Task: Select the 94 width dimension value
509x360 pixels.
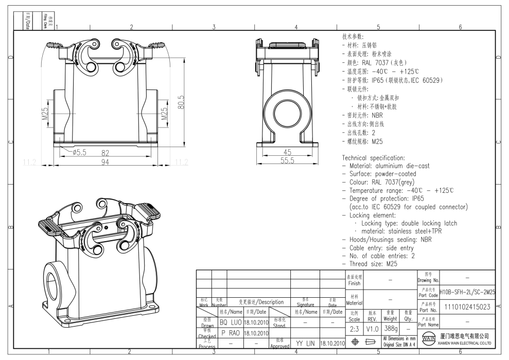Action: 106,162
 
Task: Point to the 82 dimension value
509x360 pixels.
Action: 106,153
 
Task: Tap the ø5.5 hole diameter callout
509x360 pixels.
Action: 81,153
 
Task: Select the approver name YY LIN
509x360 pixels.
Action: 305,343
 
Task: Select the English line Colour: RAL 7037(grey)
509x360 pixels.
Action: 381,182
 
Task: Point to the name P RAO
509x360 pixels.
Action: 230,333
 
